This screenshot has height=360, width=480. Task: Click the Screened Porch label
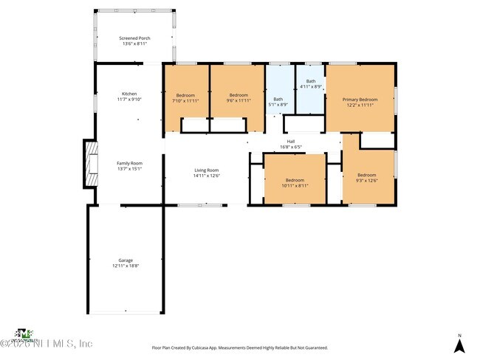134,38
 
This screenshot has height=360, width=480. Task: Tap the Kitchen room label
129,94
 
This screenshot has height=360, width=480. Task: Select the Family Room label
129,163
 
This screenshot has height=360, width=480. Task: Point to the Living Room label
207,170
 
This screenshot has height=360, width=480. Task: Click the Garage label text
126,260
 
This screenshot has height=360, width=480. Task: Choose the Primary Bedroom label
360,99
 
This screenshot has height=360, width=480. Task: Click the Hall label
291,142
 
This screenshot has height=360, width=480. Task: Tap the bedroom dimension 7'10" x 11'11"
185,100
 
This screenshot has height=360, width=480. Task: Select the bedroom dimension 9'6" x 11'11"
239,100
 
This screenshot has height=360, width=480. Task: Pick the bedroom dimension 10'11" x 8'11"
295,185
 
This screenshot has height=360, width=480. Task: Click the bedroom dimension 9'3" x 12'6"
367,181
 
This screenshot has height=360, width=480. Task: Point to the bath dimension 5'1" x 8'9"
278,104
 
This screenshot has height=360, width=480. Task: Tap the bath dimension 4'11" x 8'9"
311,86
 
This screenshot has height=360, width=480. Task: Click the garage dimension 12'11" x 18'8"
126,266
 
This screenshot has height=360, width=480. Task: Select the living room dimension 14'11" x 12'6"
207,176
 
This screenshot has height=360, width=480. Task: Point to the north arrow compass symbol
459,345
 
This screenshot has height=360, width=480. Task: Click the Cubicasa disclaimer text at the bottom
240,347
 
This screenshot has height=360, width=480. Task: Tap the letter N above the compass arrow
459,336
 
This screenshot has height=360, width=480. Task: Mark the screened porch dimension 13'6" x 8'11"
134,44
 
